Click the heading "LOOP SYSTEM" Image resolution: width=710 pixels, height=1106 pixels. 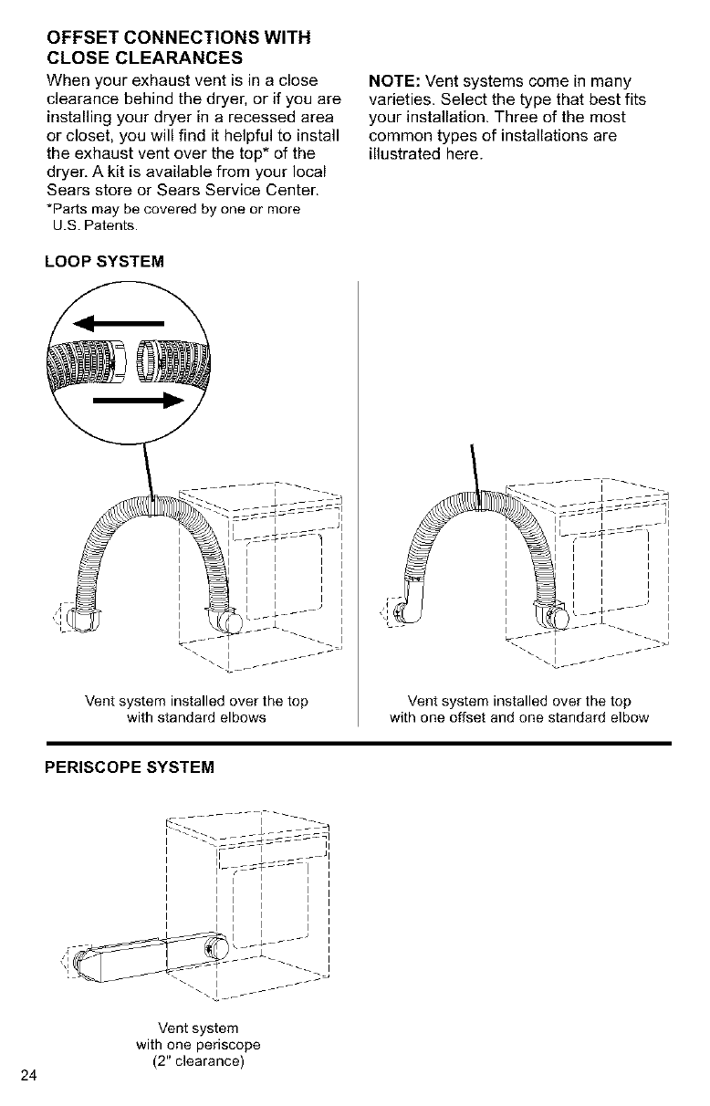tap(105, 263)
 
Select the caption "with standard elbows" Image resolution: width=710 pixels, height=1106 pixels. tap(196, 717)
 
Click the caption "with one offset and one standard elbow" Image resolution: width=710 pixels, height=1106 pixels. tap(518, 717)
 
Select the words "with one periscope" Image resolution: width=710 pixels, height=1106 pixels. tap(199, 1045)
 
